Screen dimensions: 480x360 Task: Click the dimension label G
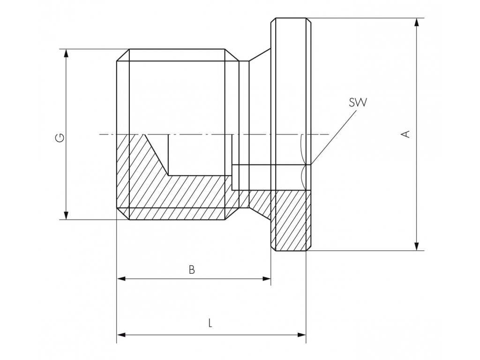(60, 138)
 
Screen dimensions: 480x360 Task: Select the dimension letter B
(191, 270)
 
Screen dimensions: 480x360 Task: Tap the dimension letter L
(210, 323)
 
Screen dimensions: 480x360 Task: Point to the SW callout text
(358, 103)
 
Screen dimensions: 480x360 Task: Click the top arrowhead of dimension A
(416, 22)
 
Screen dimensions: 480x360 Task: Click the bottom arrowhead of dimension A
(416, 246)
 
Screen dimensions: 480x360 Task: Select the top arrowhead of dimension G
(66, 53)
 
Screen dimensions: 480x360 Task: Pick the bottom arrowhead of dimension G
(66, 215)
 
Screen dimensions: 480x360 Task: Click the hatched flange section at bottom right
(291, 220)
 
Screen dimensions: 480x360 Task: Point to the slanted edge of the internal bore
(156, 155)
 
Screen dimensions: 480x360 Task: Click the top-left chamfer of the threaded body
(123, 55)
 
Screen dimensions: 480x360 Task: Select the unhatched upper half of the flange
(291, 80)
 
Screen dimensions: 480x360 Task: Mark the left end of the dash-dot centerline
(100, 135)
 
